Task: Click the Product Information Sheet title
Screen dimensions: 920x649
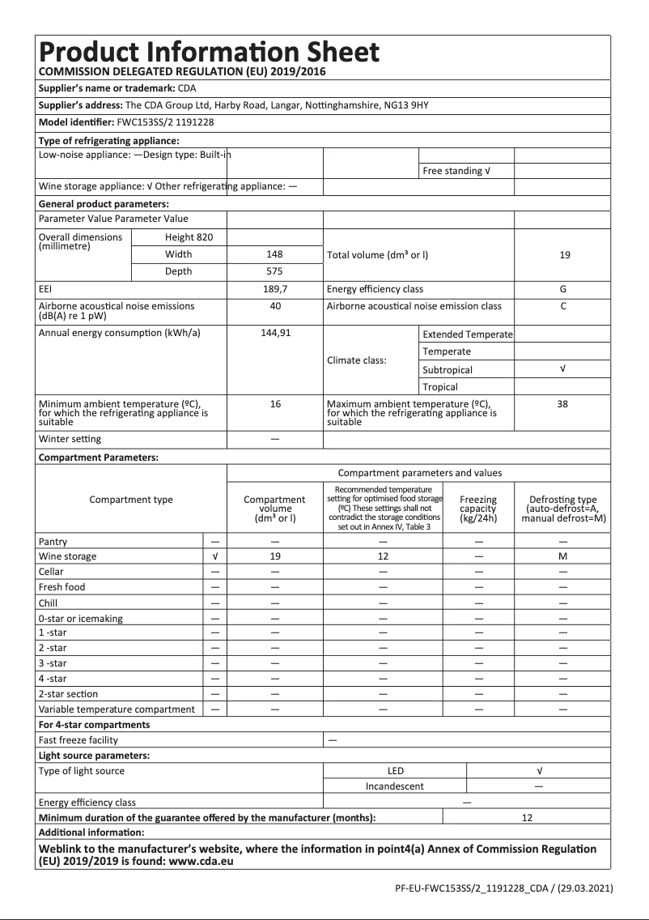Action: tap(209, 53)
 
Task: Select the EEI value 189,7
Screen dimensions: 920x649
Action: tap(275, 289)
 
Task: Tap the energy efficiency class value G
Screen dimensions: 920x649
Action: tap(563, 289)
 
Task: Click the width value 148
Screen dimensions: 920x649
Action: tap(275, 254)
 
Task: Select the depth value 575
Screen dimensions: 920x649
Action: tap(275, 271)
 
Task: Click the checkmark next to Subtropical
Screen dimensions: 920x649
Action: tap(563, 369)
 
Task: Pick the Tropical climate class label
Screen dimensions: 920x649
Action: tap(440, 387)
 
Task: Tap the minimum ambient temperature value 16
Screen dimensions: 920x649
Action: tap(275, 404)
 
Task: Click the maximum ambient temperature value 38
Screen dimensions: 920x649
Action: tap(563, 404)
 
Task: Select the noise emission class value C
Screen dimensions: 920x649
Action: tap(563, 306)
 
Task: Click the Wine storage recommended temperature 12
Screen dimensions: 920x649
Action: tap(383, 556)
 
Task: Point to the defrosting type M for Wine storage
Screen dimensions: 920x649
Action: tap(563, 556)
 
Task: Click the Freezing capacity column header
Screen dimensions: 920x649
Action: tap(478, 509)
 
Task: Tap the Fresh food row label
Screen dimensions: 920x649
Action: tap(62, 587)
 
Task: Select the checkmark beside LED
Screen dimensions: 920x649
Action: tap(539, 771)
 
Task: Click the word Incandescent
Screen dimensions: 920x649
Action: tap(395, 786)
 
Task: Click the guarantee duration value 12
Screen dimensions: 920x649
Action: tap(527, 818)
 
